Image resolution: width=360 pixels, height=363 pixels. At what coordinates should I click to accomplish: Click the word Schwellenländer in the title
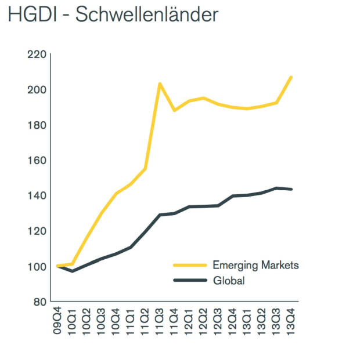(147, 15)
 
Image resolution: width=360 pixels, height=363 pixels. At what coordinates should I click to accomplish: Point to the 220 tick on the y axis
(36, 55)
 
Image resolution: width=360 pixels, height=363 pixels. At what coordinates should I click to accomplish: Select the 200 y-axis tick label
(36, 90)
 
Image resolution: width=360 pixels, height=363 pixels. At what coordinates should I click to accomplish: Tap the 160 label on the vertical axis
(36, 161)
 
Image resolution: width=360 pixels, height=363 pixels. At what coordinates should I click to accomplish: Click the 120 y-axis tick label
(36, 231)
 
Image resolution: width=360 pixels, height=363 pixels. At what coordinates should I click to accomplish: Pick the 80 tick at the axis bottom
(39, 302)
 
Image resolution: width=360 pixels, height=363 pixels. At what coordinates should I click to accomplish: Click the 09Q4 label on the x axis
(58, 317)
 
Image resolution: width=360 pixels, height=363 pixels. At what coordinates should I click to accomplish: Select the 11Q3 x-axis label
(160, 317)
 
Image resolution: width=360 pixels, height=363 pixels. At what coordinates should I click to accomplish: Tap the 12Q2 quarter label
(203, 317)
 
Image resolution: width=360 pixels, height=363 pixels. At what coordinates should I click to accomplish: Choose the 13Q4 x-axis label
(290, 317)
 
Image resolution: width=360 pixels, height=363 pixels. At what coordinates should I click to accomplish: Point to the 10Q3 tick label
(102, 317)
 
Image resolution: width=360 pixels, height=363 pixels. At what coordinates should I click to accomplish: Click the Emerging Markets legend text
(255, 265)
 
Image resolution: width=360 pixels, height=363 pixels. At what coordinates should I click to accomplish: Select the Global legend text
(229, 281)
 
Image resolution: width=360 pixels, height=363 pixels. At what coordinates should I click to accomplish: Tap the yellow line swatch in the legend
(190, 265)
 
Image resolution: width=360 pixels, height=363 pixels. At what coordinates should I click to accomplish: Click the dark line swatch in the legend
(190, 281)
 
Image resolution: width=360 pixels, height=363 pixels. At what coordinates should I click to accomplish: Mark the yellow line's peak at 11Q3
(160, 84)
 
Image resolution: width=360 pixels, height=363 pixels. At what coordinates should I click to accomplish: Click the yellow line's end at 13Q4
(290, 77)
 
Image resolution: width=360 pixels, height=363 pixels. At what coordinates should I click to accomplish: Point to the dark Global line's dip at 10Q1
(73, 271)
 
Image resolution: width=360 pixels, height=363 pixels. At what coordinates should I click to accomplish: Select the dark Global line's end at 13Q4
(290, 189)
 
